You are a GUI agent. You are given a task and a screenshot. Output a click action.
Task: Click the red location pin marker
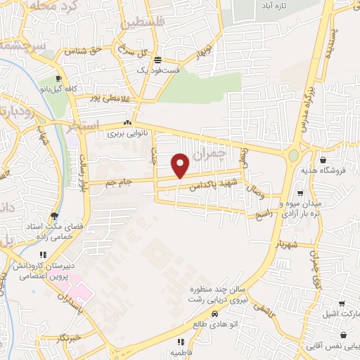(x=181, y=165)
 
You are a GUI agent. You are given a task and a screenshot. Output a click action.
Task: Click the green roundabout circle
(x=292, y=155)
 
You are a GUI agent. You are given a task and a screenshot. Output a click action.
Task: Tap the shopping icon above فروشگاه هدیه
(x=322, y=160)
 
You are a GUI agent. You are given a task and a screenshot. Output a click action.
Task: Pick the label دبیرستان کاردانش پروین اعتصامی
(x=42, y=272)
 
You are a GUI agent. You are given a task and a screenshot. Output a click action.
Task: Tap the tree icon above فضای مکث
(x=54, y=216)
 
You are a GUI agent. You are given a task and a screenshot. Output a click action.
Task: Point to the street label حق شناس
(x=79, y=51)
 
